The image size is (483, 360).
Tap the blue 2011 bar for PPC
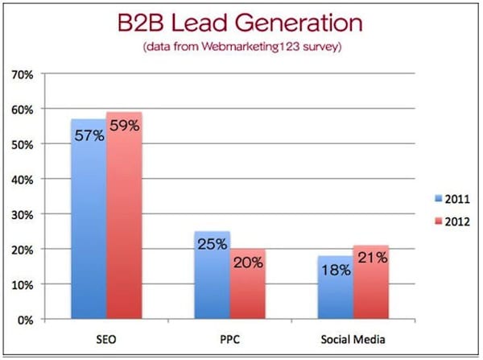(213, 282)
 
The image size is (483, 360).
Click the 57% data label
(88, 135)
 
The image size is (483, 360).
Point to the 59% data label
(124, 126)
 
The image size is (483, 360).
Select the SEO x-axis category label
(106, 338)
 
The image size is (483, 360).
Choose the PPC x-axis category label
(230, 338)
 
